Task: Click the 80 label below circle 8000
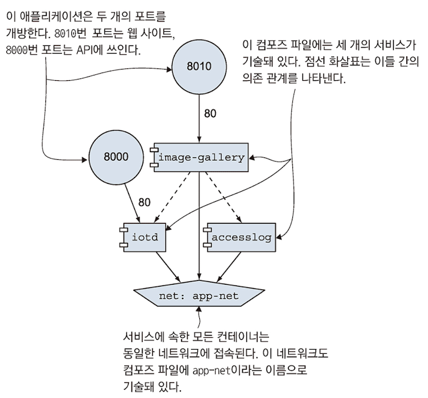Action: [144, 202]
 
